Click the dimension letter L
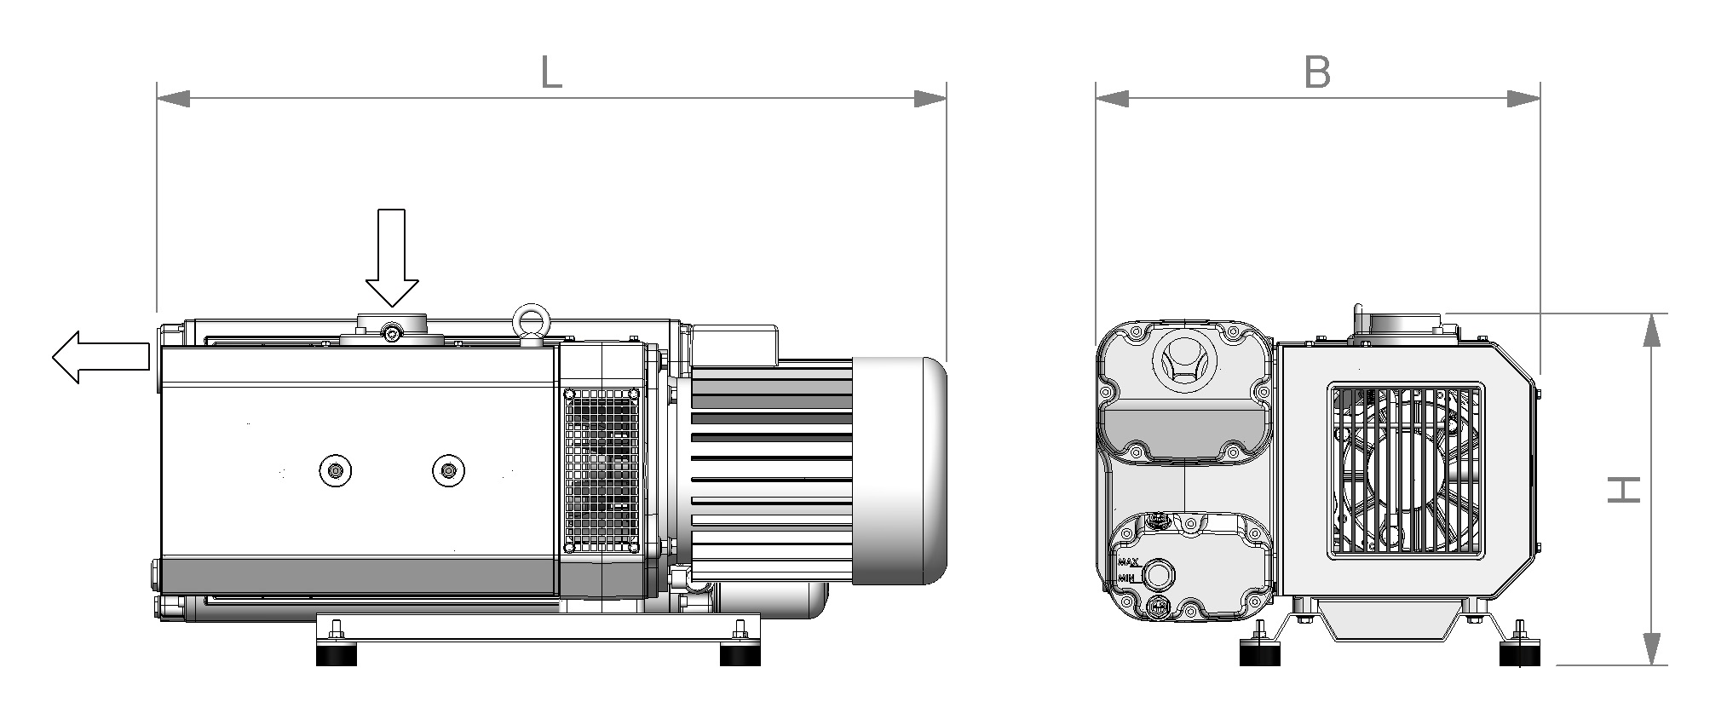click(x=551, y=73)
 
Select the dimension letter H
click(x=1624, y=489)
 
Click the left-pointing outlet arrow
click(x=101, y=357)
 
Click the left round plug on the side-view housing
click(x=336, y=469)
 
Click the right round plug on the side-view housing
click(x=448, y=469)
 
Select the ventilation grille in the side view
click(x=601, y=469)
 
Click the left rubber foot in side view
click(x=337, y=655)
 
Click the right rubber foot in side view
click(x=740, y=655)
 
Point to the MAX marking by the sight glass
click(x=1129, y=562)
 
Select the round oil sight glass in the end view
click(x=1157, y=574)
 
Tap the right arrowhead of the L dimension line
click(x=930, y=99)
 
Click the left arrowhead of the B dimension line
click(x=1112, y=99)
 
